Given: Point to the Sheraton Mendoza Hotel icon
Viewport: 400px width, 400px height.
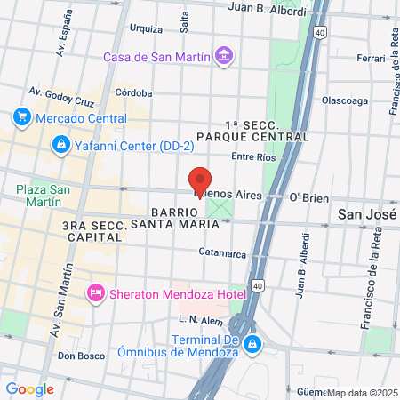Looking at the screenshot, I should pos(95,292).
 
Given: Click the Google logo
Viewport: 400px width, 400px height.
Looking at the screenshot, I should pos(29,388).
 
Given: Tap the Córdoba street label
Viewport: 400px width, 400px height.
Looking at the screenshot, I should pos(133,92).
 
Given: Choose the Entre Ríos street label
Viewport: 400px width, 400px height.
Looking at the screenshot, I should pos(253,157).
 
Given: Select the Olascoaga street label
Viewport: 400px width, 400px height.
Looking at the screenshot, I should pos(345,100).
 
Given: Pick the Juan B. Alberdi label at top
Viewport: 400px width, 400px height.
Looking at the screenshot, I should pos(267,11).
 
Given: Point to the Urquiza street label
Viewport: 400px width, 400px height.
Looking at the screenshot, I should pos(146,28).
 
